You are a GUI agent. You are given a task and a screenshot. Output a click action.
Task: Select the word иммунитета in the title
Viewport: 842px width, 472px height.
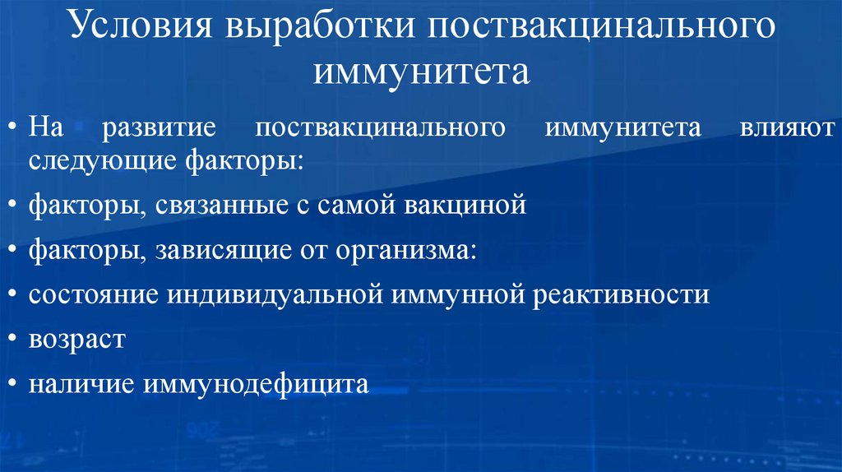pyautogui.click(x=421, y=72)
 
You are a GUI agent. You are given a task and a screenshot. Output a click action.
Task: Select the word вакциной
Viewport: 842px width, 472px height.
pyautogui.click(x=465, y=204)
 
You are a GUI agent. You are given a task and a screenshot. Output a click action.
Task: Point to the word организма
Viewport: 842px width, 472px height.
pyautogui.click(x=405, y=249)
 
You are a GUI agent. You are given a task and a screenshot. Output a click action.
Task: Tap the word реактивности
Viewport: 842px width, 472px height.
pyautogui.click(x=620, y=294)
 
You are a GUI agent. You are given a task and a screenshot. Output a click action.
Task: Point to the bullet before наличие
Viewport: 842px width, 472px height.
pyautogui.click(x=16, y=384)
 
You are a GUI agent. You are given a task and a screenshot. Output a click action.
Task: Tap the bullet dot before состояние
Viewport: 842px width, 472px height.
pyautogui.click(x=16, y=294)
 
